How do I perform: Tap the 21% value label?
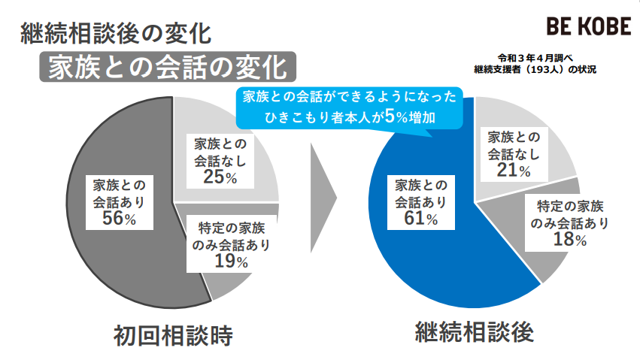tap(514, 171)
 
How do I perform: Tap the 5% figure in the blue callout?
tap(399, 118)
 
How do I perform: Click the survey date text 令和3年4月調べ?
tap(535, 57)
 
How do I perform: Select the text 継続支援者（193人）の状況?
tap(535, 69)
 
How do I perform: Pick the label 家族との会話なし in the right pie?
tap(514, 146)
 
